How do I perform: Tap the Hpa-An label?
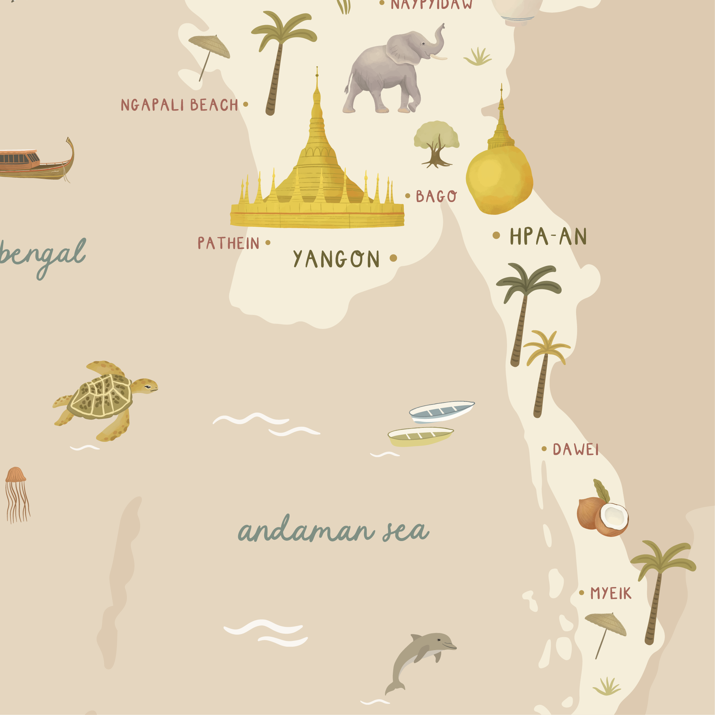(x=548, y=236)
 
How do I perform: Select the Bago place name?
(x=436, y=196)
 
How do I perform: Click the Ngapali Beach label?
(x=179, y=105)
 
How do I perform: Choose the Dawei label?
(x=575, y=449)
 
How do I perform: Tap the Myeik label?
(x=611, y=593)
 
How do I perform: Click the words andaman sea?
(x=333, y=531)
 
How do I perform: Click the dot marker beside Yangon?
(x=394, y=258)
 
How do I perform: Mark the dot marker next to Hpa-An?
(x=496, y=235)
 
